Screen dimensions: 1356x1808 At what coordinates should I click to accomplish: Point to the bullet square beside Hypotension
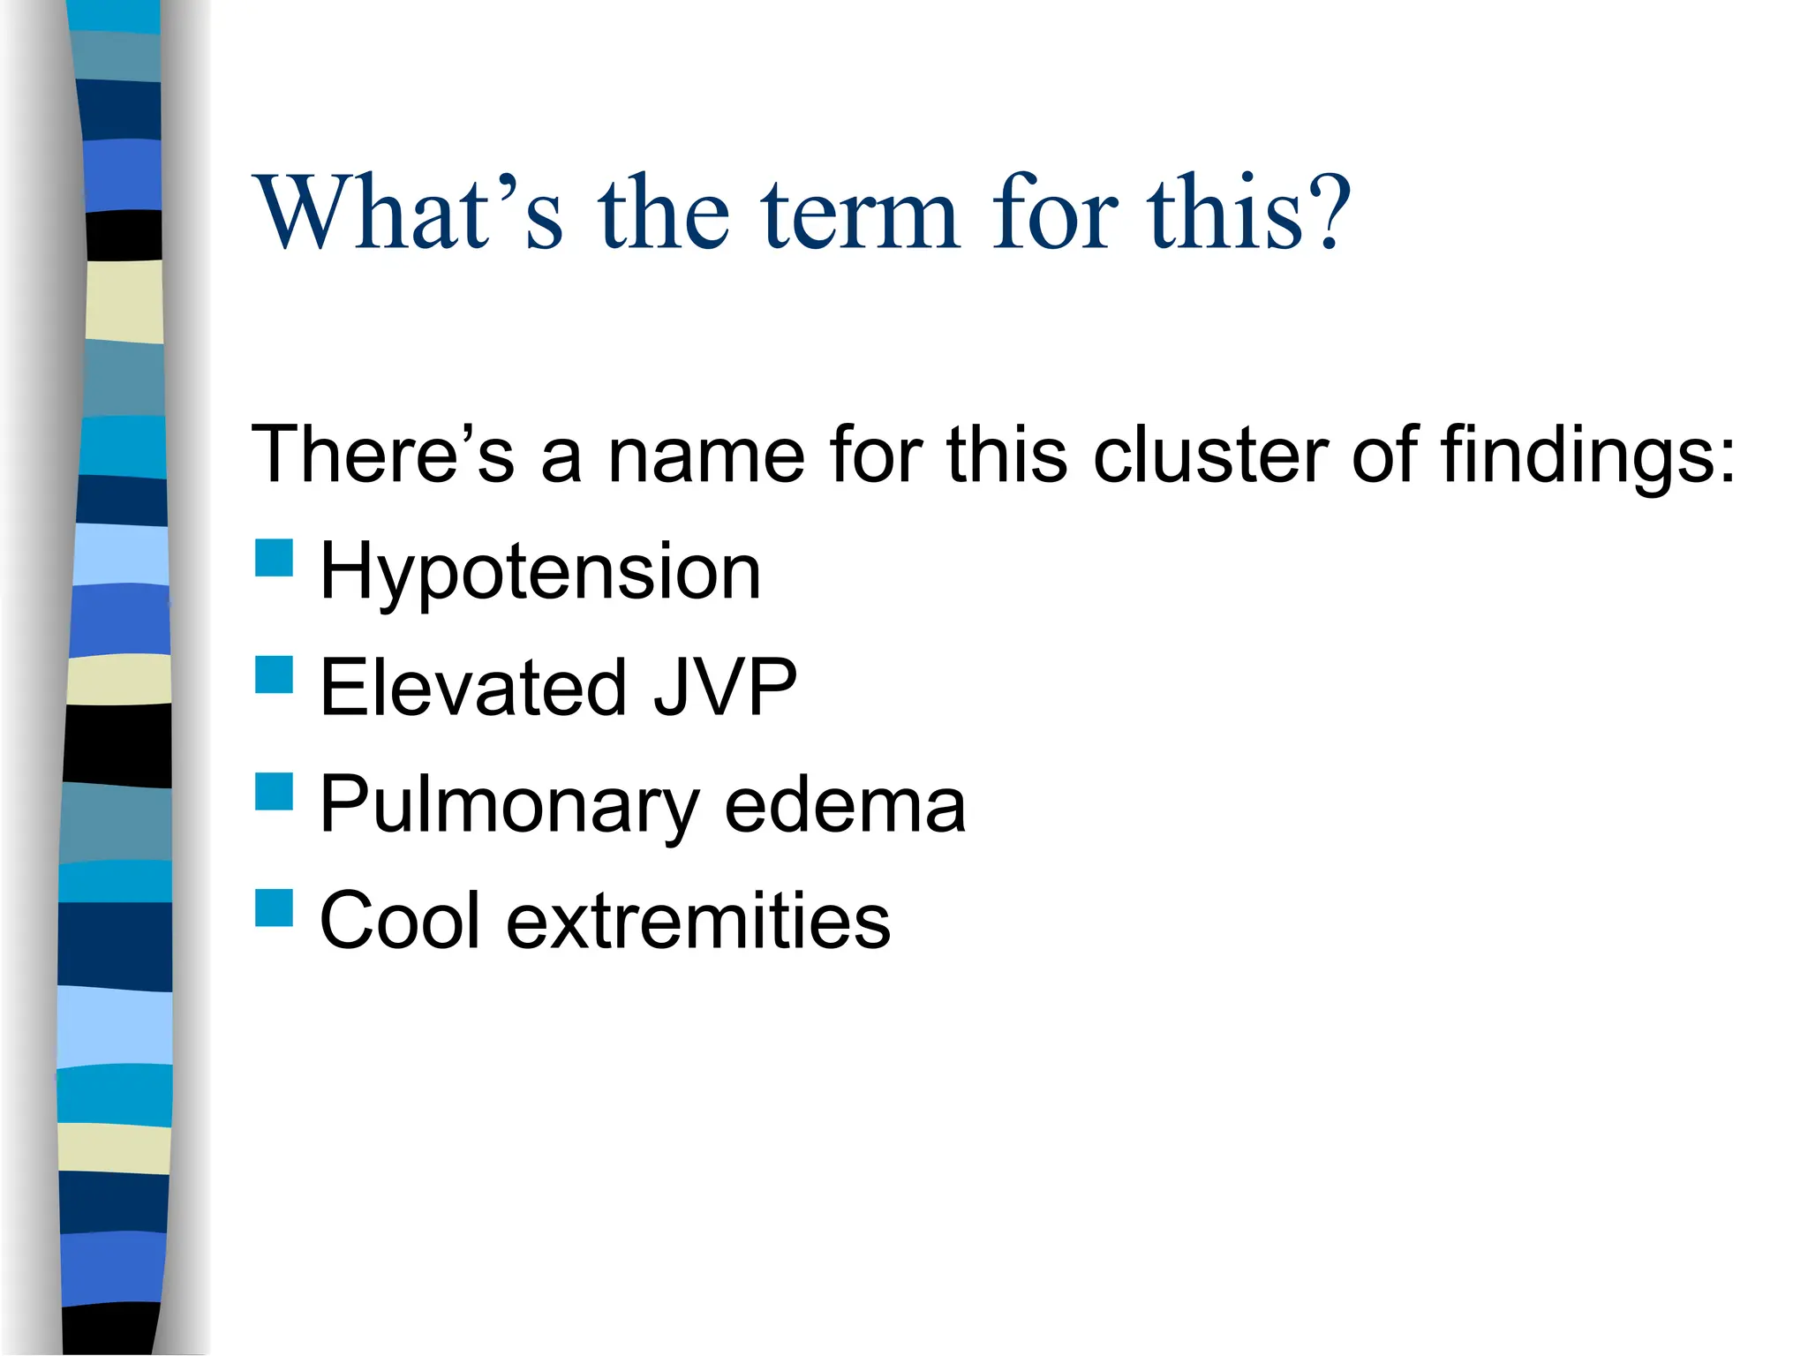pyautogui.click(x=274, y=558)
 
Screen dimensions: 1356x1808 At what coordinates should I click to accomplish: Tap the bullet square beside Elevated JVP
pyautogui.click(x=274, y=674)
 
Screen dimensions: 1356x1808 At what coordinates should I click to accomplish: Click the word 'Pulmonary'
pyautogui.click(x=509, y=805)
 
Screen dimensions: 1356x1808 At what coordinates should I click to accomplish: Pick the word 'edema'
pyautogui.click(x=845, y=805)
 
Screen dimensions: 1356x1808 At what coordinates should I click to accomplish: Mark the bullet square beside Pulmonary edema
pyautogui.click(x=274, y=791)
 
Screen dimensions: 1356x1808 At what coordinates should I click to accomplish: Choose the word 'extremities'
pyautogui.click(x=698, y=920)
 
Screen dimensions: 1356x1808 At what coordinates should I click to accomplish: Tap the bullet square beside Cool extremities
pyautogui.click(x=274, y=908)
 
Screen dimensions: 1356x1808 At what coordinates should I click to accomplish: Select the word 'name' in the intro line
pyautogui.click(x=706, y=456)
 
